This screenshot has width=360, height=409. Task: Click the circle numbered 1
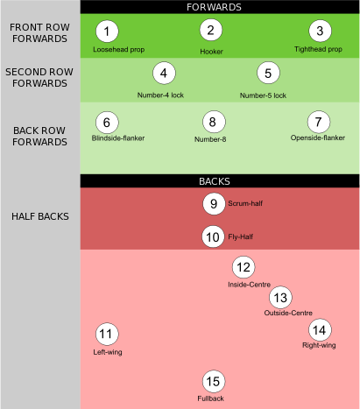[x=107, y=32]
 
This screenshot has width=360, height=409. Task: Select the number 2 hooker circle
[x=211, y=30]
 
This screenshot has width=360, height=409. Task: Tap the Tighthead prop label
[x=318, y=49]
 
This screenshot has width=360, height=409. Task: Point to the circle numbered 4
[x=164, y=73]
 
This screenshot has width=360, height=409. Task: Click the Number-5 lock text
[x=263, y=95]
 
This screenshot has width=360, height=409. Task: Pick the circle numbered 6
[x=107, y=123]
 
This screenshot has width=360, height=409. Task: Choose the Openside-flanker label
[x=318, y=138]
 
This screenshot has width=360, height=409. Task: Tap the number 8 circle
[x=214, y=122]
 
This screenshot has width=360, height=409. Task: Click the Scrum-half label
[x=245, y=203]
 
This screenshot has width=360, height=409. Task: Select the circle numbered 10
[x=213, y=236]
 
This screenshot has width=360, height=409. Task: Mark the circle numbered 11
[x=107, y=334]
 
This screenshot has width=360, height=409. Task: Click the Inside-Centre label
[x=249, y=285]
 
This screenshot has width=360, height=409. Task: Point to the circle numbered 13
[x=280, y=298]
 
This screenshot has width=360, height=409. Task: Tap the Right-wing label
[x=319, y=345]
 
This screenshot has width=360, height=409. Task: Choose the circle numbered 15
[x=214, y=381]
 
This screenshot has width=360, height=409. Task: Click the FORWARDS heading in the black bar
[x=214, y=7]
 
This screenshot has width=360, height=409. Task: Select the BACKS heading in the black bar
[x=215, y=181]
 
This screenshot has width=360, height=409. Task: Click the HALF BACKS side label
[x=40, y=216]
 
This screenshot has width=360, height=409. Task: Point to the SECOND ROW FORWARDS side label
[x=39, y=78]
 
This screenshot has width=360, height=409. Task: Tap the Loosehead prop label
[x=119, y=50]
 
